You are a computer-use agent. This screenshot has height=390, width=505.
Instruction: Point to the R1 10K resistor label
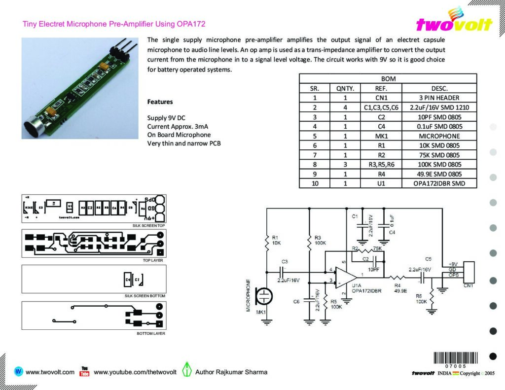276,240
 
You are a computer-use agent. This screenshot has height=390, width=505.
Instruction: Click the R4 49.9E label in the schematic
400,288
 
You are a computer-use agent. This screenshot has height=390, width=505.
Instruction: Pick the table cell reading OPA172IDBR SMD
439,183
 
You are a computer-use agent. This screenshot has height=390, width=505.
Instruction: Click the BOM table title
388,78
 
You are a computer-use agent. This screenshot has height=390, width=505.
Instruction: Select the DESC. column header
439,88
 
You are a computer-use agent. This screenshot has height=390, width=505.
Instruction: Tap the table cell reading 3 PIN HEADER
439,98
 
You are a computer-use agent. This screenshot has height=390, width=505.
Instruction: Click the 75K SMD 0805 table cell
439,155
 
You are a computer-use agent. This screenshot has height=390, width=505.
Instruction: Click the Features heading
160,102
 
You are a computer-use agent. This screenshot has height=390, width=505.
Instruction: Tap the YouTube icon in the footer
84,371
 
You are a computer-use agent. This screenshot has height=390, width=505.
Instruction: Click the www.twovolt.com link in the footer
50,372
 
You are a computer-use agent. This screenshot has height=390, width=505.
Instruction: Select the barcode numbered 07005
455,359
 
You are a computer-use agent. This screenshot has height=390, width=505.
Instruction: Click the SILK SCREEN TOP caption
148,225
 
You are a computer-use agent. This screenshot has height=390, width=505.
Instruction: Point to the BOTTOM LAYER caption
151,334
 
